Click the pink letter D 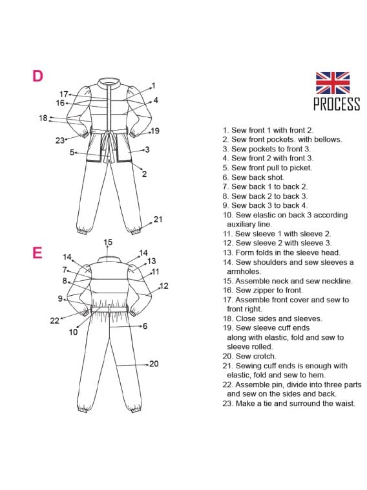(37, 76)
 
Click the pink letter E (37, 253)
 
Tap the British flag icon (333, 83)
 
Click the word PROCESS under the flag (337, 104)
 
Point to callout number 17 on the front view (63, 94)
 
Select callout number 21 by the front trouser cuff (158, 219)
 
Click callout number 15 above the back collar (108, 242)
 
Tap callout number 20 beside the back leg (154, 364)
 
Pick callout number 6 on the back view (145, 326)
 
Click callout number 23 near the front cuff (60, 140)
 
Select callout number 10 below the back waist (73, 332)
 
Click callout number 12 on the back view (163, 286)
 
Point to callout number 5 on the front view (72, 153)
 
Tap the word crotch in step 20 (265, 356)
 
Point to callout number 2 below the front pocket (144, 173)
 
